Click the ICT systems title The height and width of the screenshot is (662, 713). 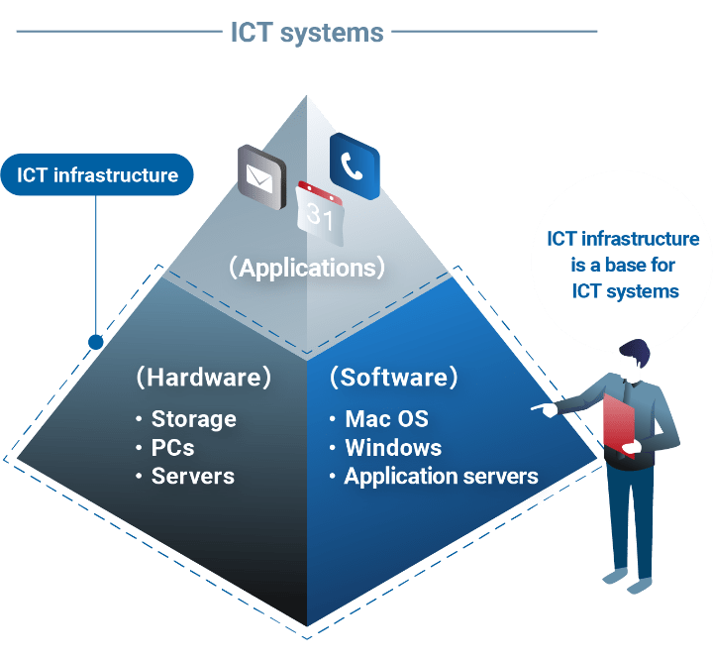pos(306,33)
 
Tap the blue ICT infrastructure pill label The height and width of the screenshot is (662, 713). pos(97,175)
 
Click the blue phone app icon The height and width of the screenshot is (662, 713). pos(354,165)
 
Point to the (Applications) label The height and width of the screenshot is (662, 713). pos(306,268)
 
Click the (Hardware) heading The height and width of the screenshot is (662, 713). pos(203,378)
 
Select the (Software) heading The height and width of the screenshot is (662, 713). pos(394,378)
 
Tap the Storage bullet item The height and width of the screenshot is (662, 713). pos(193,419)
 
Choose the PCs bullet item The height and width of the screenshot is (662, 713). pos(172,447)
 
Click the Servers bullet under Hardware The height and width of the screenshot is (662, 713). pos(192,476)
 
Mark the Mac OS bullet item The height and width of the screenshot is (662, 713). pos(386,419)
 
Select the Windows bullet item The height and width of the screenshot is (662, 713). pos(392,447)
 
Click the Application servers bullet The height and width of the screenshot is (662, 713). pos(441,476)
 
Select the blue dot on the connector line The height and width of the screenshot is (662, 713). pos(96,342)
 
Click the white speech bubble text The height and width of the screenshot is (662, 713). pos(624,265)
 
